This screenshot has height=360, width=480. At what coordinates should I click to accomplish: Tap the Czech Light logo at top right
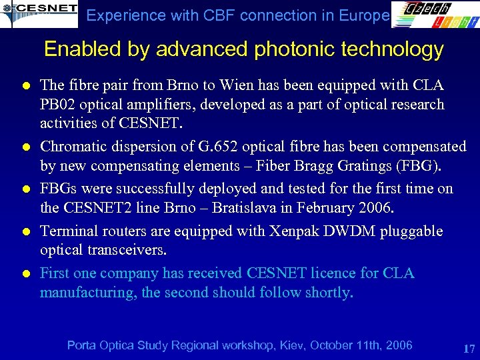coord(434,15)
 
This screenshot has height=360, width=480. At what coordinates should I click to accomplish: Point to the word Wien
coord(261,85)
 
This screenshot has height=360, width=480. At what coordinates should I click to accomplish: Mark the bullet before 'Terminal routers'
coord(23,232)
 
